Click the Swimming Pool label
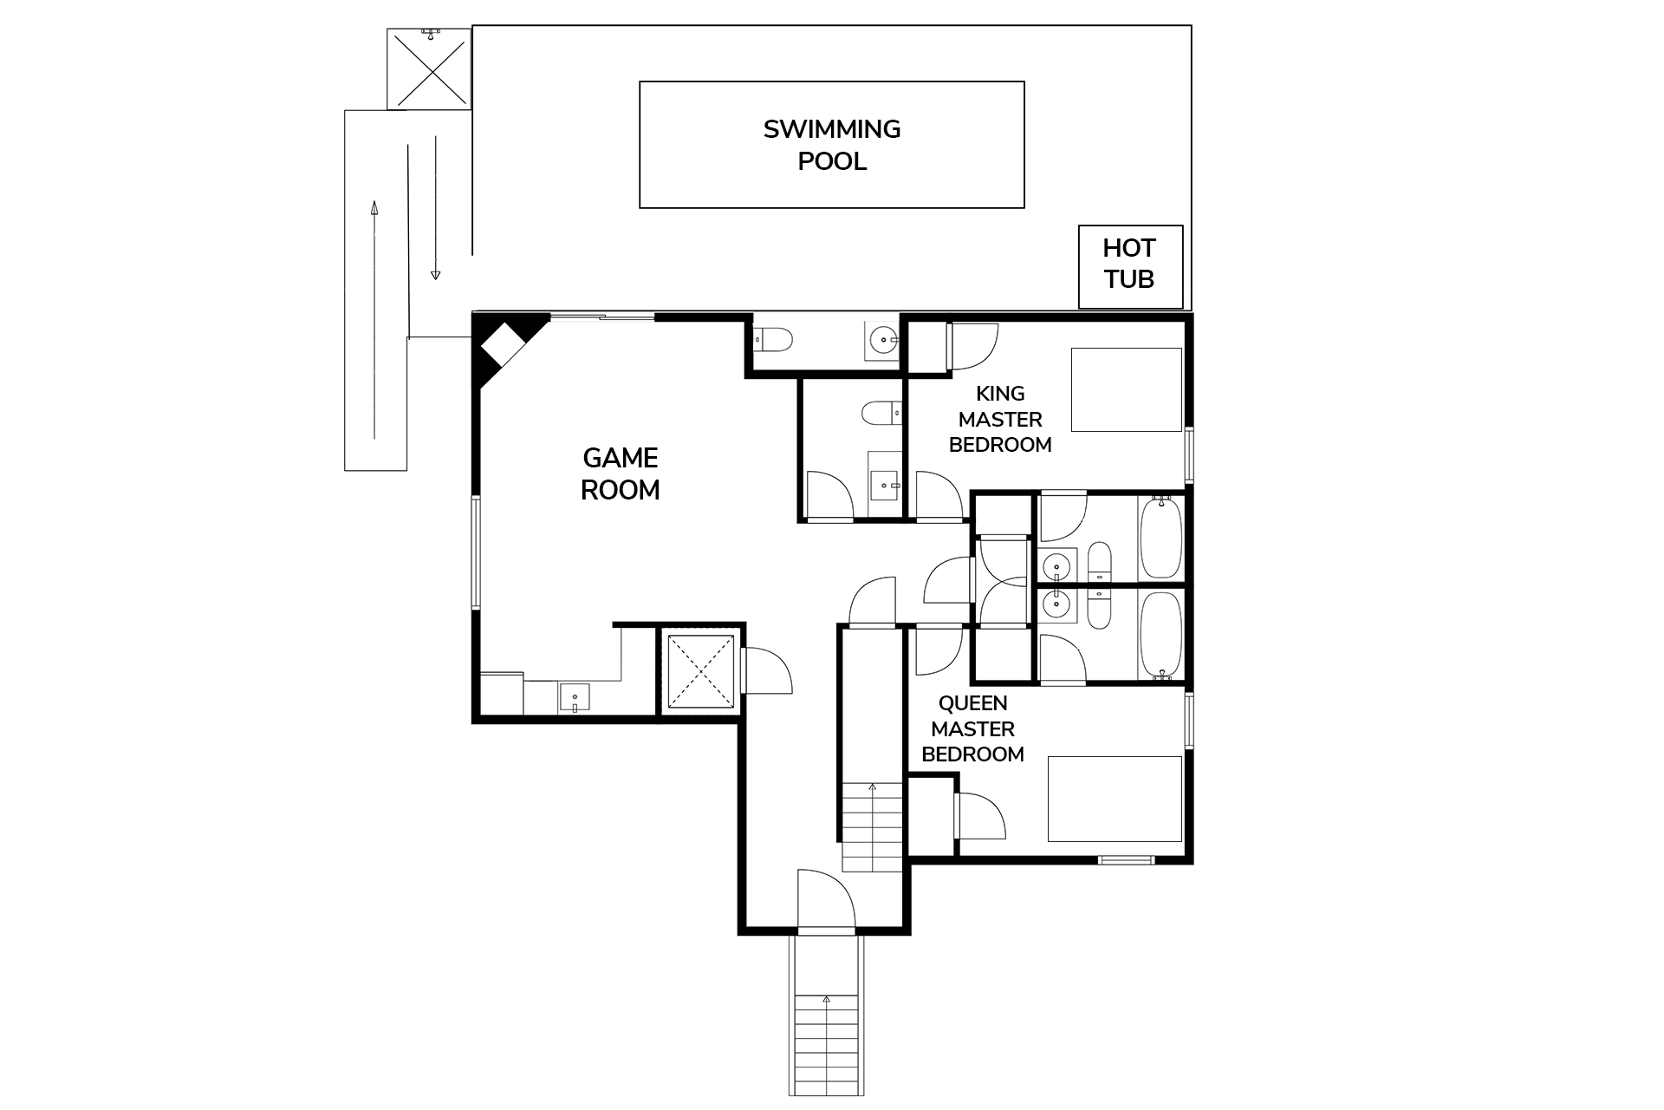(832, 145)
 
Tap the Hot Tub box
(1130, 267)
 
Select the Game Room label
(621, 473)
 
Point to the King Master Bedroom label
(1000, 419)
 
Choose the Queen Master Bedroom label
(972, 728)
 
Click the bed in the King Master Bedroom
(1127, 389)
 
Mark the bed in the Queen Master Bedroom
(1115, 799)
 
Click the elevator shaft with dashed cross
(701, 671)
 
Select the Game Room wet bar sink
(575, 697)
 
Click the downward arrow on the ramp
(435, 207)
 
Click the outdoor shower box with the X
(429, 69)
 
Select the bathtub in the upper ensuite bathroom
(1160, 538)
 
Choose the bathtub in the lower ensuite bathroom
(1160, 636)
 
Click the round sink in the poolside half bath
(882, 339)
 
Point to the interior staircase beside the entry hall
(873, 826)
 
